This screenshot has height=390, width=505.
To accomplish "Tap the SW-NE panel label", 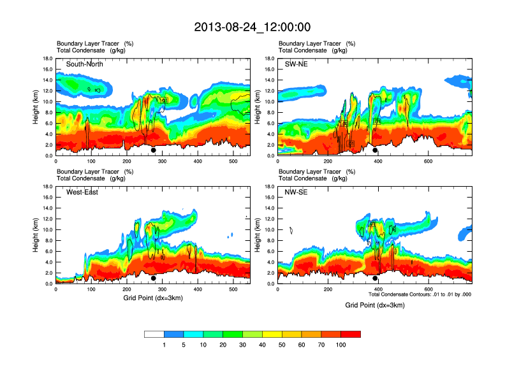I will tap(296, 64).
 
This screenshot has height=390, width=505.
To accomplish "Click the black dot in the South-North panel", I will tap(154, 150).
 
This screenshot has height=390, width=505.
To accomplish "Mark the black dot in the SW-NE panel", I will tap(376, 150).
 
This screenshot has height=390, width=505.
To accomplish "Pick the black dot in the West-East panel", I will tap(154, 278).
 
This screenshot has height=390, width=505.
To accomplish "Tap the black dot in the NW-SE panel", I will tap(376, 278).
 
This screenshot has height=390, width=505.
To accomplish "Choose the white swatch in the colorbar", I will tap(154, 334).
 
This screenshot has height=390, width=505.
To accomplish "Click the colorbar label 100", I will tap(341, 345).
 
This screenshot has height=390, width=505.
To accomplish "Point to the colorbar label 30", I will tap(243, 345).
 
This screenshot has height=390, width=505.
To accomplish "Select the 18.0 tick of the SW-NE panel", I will tap(270, 59).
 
